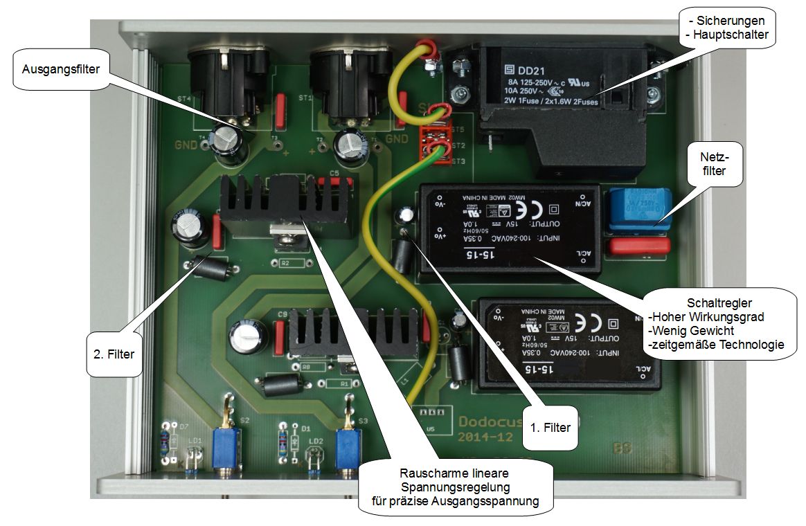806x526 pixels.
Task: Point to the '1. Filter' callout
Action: click(550, 427)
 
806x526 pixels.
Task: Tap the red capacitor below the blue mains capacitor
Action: click(638, 246)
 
